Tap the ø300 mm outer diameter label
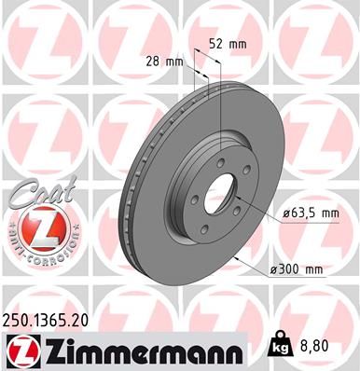300,270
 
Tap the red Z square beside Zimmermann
19,348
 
